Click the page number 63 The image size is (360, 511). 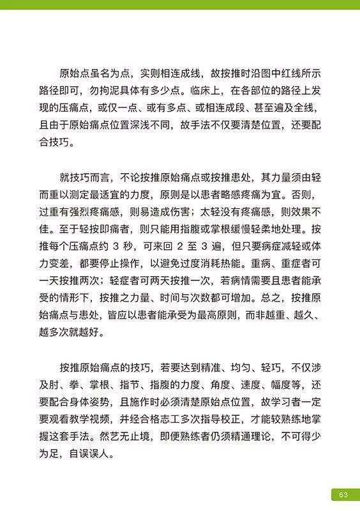pyautogui.click(x=343, y=495)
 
